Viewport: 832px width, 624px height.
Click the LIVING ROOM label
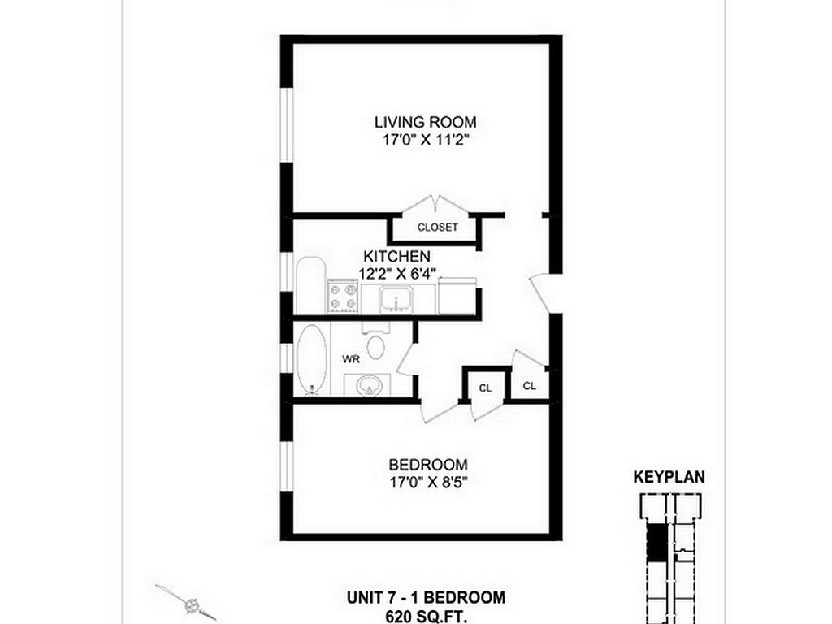tap(426, 122)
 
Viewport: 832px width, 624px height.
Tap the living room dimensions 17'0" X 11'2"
tap(427, 141)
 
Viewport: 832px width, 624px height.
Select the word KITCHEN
tap(396, 256)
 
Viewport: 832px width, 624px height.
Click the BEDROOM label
tap(428, 465)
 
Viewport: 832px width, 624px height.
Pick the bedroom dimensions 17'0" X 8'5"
tap(428, 483)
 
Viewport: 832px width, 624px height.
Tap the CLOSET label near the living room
tap(437, 227)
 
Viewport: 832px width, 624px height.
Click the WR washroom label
tap(351, 359)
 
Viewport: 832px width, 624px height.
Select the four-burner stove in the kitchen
tap(344, 297)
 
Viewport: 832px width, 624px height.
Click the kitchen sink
tap(396, 299)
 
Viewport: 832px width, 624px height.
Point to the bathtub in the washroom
tap(311, 359)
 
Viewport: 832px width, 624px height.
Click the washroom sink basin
tap(368, 384)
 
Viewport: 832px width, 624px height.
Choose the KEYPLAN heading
tap(669, 477)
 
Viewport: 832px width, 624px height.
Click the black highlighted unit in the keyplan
tap(656, 542)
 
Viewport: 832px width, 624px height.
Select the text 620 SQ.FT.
tap(426, 617)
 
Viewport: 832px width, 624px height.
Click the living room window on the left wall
tap(287, 124)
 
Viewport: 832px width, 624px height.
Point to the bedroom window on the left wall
tap(287, 466)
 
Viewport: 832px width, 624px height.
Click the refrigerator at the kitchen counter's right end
tap(457, 296)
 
